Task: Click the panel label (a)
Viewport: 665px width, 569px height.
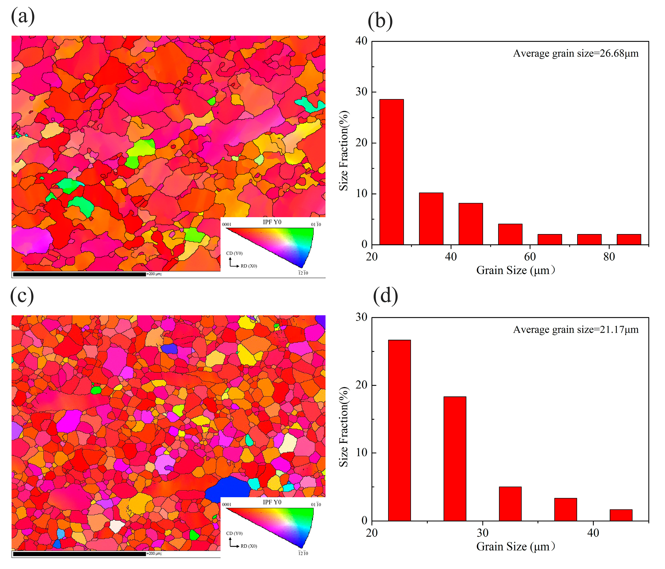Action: click(23, 16)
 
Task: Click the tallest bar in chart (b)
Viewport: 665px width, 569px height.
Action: click(392, 172)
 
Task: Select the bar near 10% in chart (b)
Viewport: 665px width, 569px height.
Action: click(431, 218)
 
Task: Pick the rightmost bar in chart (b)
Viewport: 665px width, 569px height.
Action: click(629, 239)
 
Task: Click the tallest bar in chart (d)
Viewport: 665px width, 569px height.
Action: click(399, 430)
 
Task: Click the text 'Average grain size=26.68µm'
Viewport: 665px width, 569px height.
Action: click(576, 53)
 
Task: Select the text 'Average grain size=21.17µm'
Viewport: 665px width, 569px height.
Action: click(576, 330)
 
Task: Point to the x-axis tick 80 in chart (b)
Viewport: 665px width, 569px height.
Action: click(609, 257)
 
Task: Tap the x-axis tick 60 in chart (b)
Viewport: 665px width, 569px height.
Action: click(530, 257)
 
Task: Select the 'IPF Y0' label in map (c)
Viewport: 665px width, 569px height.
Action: click(272, 502)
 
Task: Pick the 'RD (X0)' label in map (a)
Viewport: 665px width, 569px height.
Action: click(249, 266)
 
